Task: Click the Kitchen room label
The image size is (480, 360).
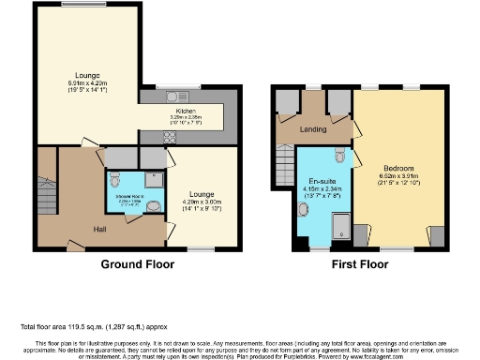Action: pos(184,110)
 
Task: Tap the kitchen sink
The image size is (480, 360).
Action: pos(174,97)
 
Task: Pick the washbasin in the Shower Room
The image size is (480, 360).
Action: pos(154,208)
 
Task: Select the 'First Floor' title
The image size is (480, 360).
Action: pos(358,264)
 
